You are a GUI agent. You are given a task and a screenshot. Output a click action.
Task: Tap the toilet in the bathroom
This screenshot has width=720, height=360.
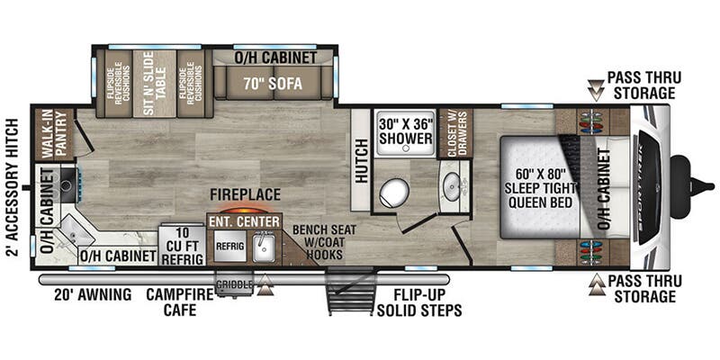[394, 191]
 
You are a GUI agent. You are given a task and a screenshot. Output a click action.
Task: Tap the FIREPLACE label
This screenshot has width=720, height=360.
[246, 194]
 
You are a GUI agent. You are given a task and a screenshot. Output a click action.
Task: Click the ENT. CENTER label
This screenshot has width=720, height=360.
[244, 220]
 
